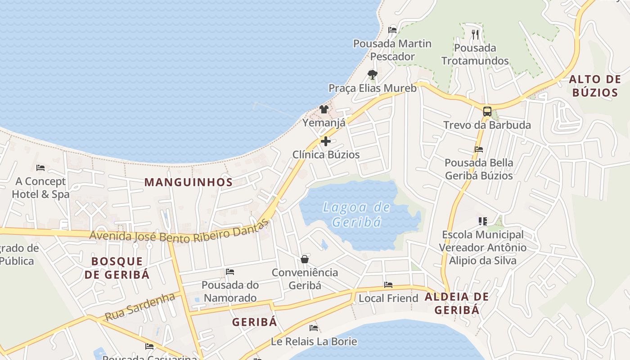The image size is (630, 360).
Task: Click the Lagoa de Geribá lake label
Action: (x=356, y=215)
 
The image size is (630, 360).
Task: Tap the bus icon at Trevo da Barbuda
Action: (x=487, y=111)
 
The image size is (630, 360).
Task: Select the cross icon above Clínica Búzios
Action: (x=325, y=141)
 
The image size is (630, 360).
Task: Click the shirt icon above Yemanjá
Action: (x=324, y=109)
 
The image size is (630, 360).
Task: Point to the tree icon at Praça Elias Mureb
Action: (x=372, y=74)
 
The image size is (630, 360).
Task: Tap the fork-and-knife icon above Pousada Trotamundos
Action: (x=475, y=34)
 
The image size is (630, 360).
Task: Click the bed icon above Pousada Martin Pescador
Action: (x=392, y=30)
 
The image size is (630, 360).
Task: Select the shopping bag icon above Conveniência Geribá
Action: (x=305, y=259)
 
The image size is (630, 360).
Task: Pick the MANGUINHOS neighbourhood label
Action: (x=188, y=182)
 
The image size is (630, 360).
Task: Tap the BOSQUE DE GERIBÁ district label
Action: (x=117, y=268)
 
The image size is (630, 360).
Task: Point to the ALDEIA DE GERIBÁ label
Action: (x=456, y=303)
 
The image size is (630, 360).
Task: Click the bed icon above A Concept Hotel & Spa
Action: (x=40, y=168)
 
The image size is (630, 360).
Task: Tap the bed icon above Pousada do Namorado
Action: (x=230, y=272)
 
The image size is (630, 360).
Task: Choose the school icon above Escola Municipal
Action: (x=482, y=221)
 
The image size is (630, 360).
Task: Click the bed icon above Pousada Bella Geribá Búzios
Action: (x=479, y=149)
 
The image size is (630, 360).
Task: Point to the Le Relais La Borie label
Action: (x=314, y=342)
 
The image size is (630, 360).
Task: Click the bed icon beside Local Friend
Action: (x=388, y=285)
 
